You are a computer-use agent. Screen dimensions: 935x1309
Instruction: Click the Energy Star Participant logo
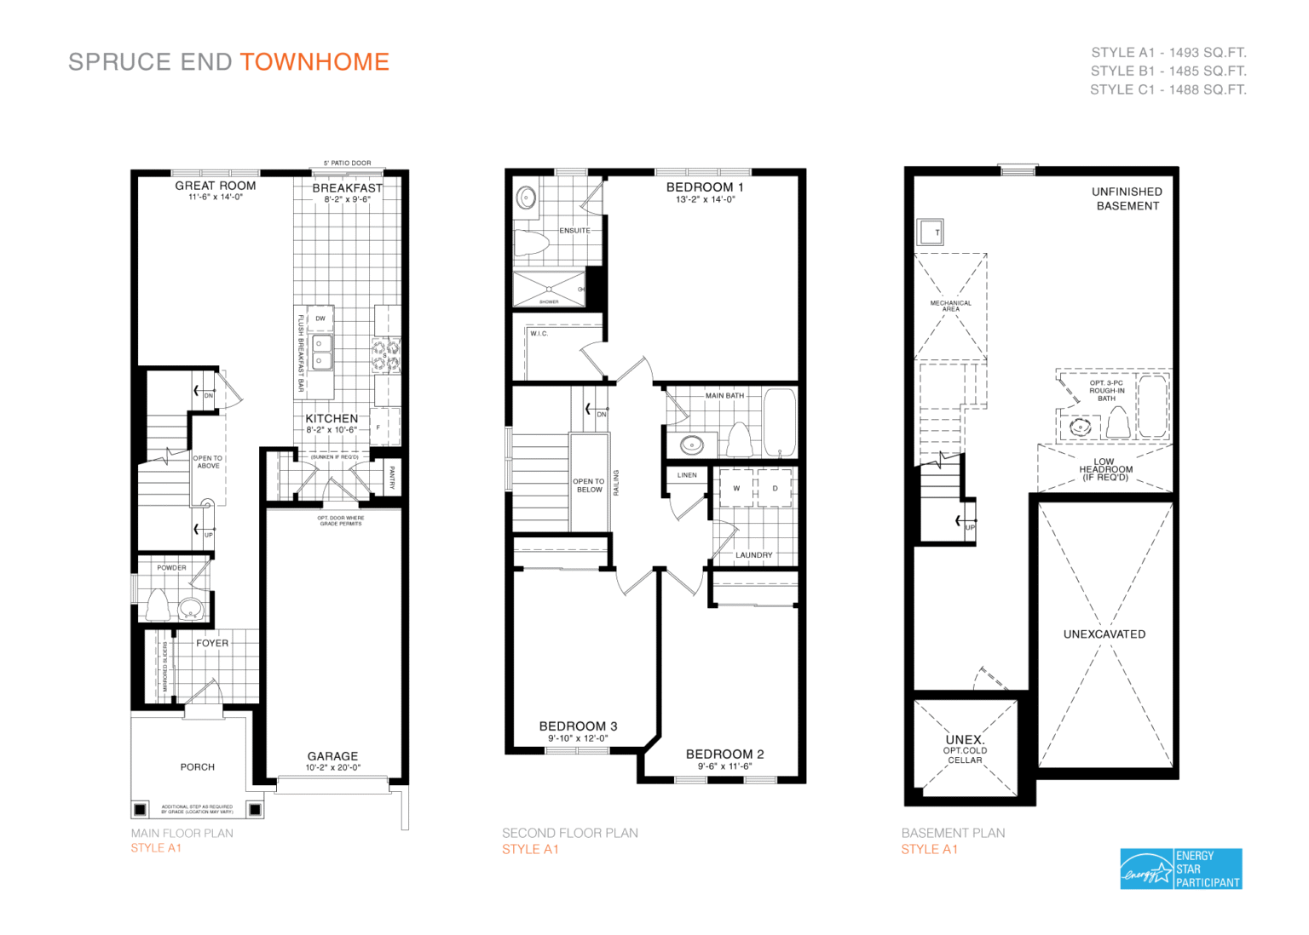(1180, 869)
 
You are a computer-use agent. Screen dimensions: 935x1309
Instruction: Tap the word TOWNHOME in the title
(314, 62)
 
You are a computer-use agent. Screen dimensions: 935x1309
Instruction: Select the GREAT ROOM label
(216, 186)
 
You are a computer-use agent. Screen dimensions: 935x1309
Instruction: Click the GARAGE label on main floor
(332, 756)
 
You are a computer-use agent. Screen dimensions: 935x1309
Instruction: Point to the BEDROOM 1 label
(705, 187)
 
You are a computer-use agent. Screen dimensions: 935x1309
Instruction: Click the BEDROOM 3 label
(578, 726)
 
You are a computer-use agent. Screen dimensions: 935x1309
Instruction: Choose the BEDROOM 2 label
(724, 754)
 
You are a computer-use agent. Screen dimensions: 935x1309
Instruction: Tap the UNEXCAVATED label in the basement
(1104, 634)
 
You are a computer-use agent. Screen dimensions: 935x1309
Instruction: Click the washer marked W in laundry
(736, 489)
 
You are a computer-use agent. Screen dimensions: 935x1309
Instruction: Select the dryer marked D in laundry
(775, 489)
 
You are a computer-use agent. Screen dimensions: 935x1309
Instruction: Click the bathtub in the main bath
(780, 423)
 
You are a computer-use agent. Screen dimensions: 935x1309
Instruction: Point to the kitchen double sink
(320, 352)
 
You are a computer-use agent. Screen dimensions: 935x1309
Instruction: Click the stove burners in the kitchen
(385, 356)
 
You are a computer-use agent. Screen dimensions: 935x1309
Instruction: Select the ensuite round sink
(527, 198)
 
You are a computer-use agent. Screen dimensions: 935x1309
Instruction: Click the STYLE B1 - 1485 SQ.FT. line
(1168, 72)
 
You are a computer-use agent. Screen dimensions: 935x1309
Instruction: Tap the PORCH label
(198, 767)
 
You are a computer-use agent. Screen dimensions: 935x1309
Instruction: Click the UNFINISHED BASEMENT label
(1127, 198)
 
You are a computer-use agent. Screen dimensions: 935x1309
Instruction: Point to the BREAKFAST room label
(347, 188)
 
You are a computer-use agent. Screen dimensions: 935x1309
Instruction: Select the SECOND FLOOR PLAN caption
(569, 833)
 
